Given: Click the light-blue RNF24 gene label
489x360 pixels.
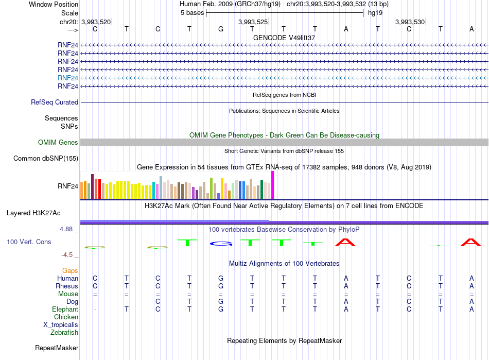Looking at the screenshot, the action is click(67, 78).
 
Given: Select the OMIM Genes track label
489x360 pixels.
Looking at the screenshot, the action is click(58, 143).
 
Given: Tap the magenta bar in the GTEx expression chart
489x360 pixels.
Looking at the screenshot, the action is click(273, 185).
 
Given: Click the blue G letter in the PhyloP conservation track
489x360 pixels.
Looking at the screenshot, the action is click(221, 243).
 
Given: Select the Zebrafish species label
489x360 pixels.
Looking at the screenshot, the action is click(64, 333).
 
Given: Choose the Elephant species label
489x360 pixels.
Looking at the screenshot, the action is click(65, 310).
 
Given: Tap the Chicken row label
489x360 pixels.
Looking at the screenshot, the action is click(66, 317).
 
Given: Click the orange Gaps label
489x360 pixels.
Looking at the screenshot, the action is click(70, 271).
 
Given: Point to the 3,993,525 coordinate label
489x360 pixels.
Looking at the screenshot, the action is click(253, 22).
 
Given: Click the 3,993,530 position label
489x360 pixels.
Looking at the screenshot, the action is click(410, 22).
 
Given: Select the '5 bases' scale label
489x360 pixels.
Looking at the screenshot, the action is click(192, 13).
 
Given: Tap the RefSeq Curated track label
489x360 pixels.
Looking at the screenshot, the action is click(55, 102).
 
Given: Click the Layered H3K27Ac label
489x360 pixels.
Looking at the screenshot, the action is click(33, 213).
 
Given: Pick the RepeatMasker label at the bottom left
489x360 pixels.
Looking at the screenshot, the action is click(57, 348).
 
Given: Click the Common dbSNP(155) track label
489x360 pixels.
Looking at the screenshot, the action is click(46, 159).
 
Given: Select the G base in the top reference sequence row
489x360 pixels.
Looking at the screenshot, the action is click(221, 29).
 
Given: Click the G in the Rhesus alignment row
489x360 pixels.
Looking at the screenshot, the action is click(221, 286).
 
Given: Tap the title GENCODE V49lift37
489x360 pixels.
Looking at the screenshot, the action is click(284, 38).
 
